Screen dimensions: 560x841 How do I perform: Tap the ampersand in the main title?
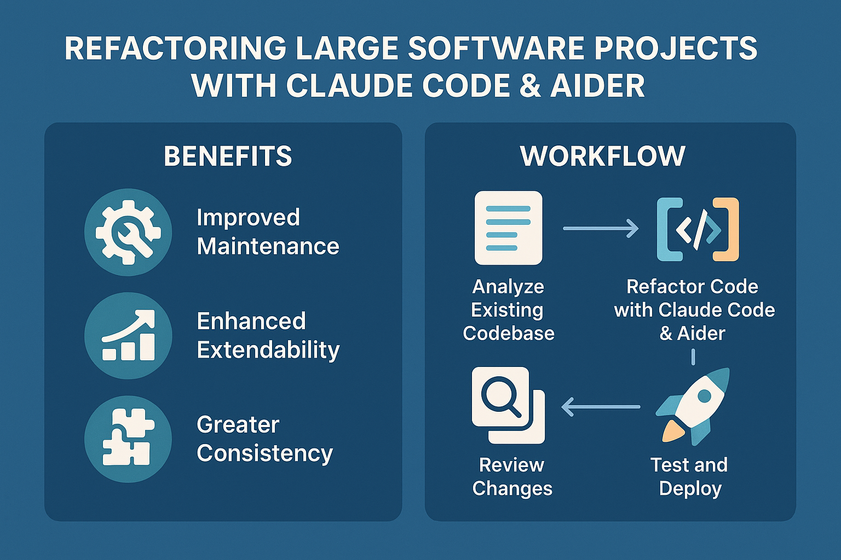coord(530,86)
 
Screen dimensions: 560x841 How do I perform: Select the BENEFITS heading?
coord(228,156)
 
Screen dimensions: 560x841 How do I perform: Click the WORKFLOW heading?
coord(603,156)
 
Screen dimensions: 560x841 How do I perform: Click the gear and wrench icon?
coord(128,232)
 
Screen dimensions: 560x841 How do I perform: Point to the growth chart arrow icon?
coord(128,335)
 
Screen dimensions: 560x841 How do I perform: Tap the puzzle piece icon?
coord(128,439)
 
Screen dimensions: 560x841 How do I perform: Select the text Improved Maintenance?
coord(267,232)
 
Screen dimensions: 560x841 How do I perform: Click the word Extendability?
coord(268,350)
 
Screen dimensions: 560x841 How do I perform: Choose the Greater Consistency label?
coord(264,439)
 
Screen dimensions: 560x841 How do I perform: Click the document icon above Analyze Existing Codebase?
coord(508,227)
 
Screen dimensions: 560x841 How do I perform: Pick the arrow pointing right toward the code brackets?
coord(601,228)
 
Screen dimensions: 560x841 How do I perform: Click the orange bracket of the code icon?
coord(728,230)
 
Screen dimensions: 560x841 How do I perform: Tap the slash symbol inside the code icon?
coord(699,230)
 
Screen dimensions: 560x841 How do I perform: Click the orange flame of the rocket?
coord(673,431)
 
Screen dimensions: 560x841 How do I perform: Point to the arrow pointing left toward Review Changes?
coord(601,407)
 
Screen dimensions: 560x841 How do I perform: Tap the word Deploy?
coord(690,488)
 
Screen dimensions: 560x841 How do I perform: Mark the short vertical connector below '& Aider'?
coord(693,357)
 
